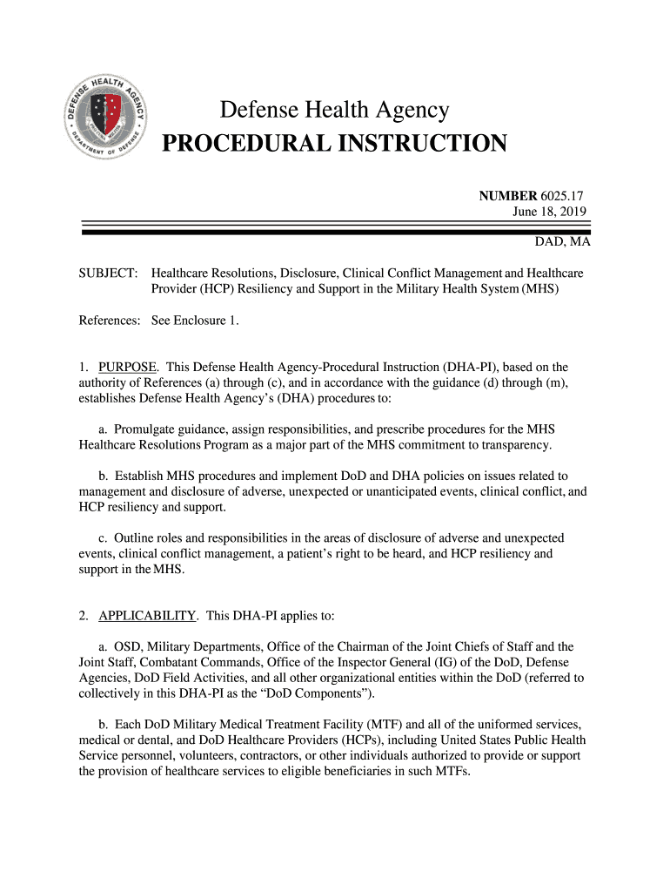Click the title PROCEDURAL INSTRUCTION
click(335, 143)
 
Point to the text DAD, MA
click(562, 241)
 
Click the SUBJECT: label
click(108, 274)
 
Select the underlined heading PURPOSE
click(128, 367)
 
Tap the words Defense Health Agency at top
click(335, 111)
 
